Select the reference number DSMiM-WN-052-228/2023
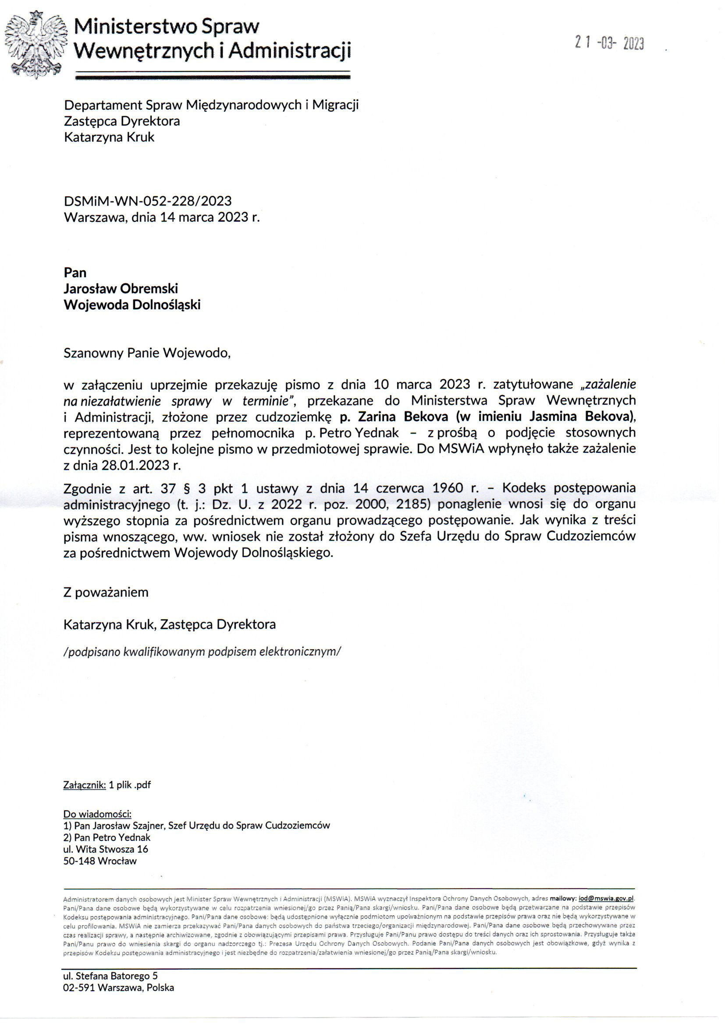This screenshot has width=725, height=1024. pos(148,201)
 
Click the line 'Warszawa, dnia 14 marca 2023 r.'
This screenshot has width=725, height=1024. pos(162,217)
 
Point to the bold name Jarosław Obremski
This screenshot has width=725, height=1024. pos(121,289)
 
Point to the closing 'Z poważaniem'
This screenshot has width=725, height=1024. pos(106,592)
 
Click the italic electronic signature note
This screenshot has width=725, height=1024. pos(202,652)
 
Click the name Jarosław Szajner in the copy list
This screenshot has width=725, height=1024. pos(129,826)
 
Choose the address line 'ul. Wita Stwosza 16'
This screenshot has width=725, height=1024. pos(106,849)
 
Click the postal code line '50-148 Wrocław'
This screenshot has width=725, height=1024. pos(100,861)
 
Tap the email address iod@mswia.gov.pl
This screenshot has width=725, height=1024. pos(606,899)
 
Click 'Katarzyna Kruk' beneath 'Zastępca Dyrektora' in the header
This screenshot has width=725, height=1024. pos(110,137)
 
